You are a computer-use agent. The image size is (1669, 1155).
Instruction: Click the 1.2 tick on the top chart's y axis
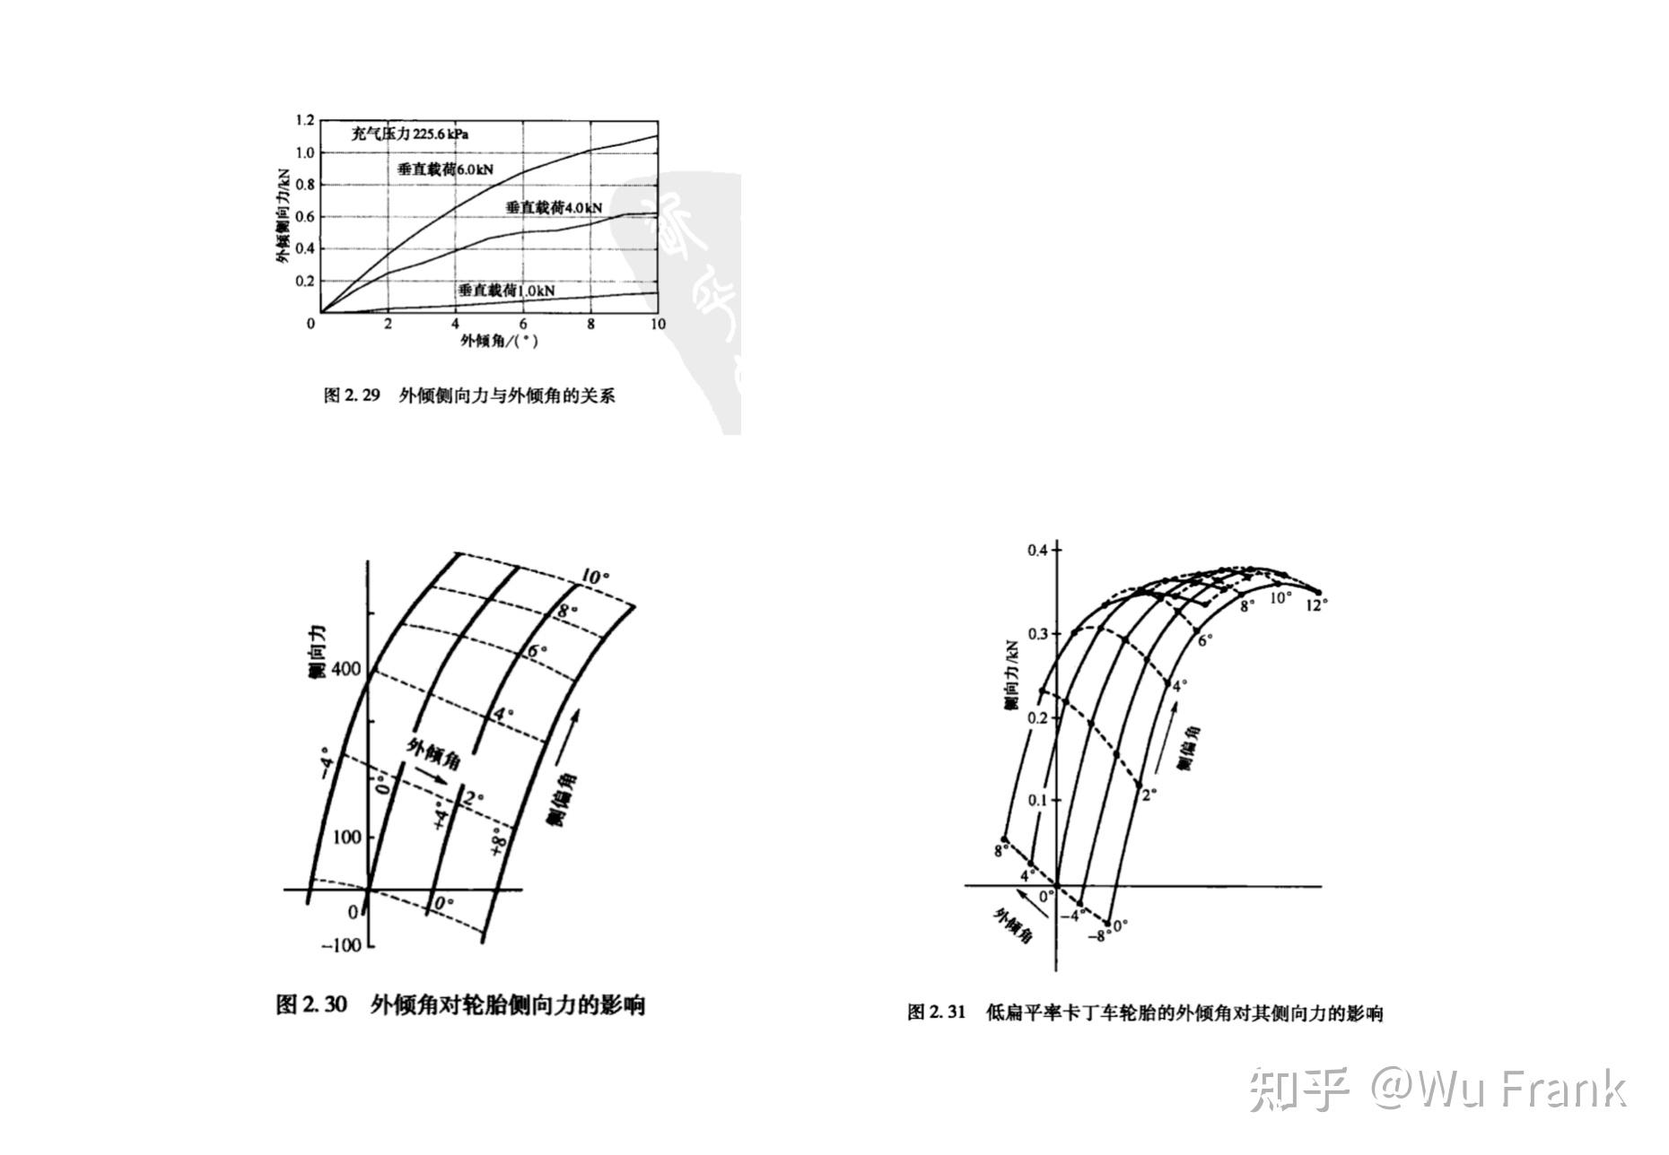[x=305, y=120]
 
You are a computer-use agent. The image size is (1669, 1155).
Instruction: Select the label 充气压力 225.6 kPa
[x=410, y=135]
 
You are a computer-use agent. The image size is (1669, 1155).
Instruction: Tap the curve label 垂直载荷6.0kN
[x=446, y=169]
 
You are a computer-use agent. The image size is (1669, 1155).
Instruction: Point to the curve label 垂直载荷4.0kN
[x=554, y=208]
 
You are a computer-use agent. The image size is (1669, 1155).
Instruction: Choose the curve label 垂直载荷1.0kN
[x=506, y=291]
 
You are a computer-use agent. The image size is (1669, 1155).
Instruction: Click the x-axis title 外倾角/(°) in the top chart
[x=500, y=341]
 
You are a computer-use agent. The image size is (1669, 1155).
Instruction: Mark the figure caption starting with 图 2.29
[x=469, y=395]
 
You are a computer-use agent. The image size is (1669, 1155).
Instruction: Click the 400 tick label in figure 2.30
[x=345, y=669]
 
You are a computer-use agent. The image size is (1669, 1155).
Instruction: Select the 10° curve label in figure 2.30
[x=594, y=577]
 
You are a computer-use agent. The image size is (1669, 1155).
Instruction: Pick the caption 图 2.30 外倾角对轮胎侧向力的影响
[x=460, y=1005]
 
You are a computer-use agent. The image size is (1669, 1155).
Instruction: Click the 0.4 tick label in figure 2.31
[x=1037, y=550]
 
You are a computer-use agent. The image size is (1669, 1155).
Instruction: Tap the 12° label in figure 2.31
[x=1316, y=605]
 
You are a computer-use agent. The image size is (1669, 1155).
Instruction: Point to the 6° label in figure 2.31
[x=1205, y=640]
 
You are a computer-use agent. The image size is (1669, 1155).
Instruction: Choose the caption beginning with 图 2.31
[x=1145, y=1013]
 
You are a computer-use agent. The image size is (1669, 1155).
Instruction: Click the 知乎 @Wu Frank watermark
[x=1437, y=1089]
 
